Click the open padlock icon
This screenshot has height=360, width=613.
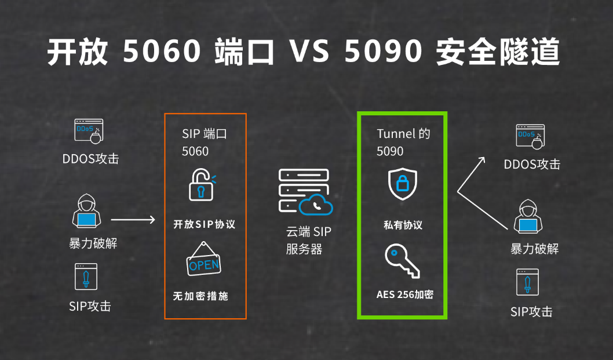(202, 185)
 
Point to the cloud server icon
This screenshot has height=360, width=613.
(305, 192)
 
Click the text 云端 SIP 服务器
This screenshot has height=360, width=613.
(308, 241)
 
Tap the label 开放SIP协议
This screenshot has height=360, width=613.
(204, 224)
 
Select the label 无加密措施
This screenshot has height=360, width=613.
(200, 296)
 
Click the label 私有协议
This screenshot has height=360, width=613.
(403, 225)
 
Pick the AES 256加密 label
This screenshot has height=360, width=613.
(404, 294)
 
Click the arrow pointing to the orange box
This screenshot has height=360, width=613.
(133, 220)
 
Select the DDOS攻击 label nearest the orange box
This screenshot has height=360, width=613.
(90, 158)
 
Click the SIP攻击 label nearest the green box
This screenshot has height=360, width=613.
(531, 312)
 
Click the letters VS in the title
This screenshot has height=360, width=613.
(309, 52)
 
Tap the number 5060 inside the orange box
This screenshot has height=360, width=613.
(195, 151)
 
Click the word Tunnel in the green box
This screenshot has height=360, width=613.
(396, 134)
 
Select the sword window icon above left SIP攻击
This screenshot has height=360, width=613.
(86, 277)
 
